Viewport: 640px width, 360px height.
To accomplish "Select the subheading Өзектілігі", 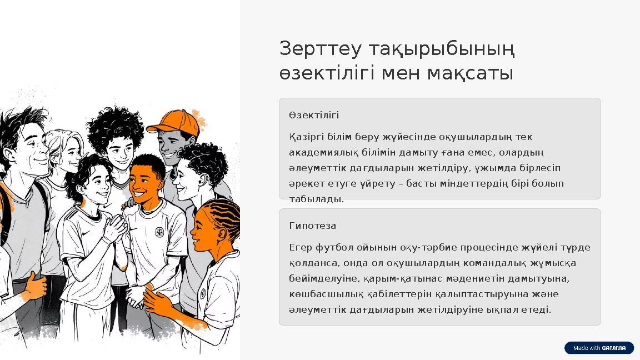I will tap(314, 115).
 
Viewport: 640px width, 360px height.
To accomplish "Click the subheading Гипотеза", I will tap(312, 226).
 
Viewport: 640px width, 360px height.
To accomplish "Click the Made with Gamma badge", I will tap(599, 348).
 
